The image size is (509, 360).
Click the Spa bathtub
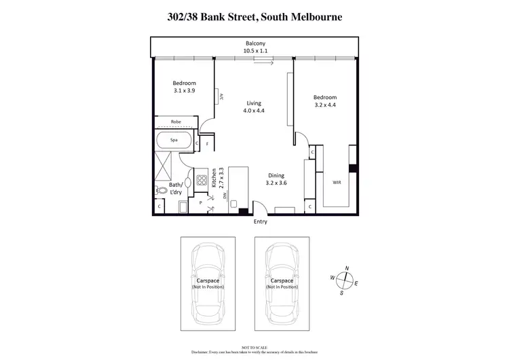click(x=174, y=141)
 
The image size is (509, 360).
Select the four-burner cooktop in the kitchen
click(x=202, y=181)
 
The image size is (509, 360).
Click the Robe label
click(x=176, y=122)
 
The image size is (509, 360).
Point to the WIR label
click(x=337, y=183)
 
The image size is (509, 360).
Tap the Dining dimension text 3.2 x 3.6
click(x=276, y=183)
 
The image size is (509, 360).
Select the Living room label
click(x=254, y=103)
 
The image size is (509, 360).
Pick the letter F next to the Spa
click(x=207, y=144)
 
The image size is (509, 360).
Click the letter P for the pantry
click(x=201, y=202)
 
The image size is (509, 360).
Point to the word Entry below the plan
click(x=260, y=221)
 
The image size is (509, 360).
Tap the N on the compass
click(x=346, y=268)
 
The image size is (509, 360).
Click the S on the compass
click(x=341, y=293)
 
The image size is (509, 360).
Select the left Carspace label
click(x=208, y=280)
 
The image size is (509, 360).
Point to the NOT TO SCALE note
click(x=254, y=346)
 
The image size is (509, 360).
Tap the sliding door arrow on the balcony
click(x=263, y=63)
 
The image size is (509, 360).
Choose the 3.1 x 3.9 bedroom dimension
click(x=184, y=90)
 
